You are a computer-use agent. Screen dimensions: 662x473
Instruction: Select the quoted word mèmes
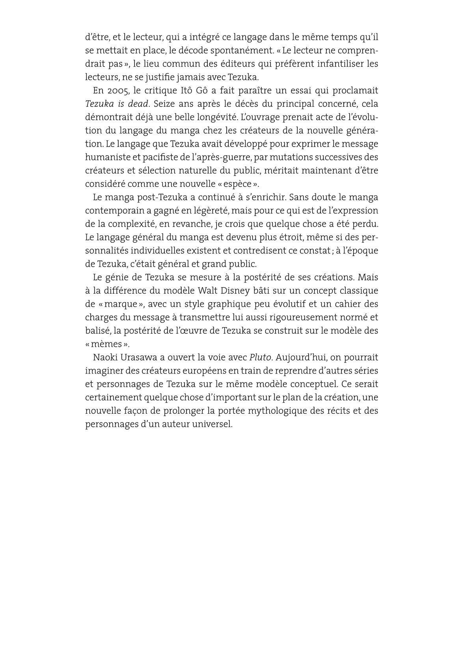click(x=107, y=344)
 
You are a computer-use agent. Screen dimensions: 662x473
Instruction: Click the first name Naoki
click(x=105, y=357)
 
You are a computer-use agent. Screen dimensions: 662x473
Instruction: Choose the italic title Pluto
click(x=260, y=357)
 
